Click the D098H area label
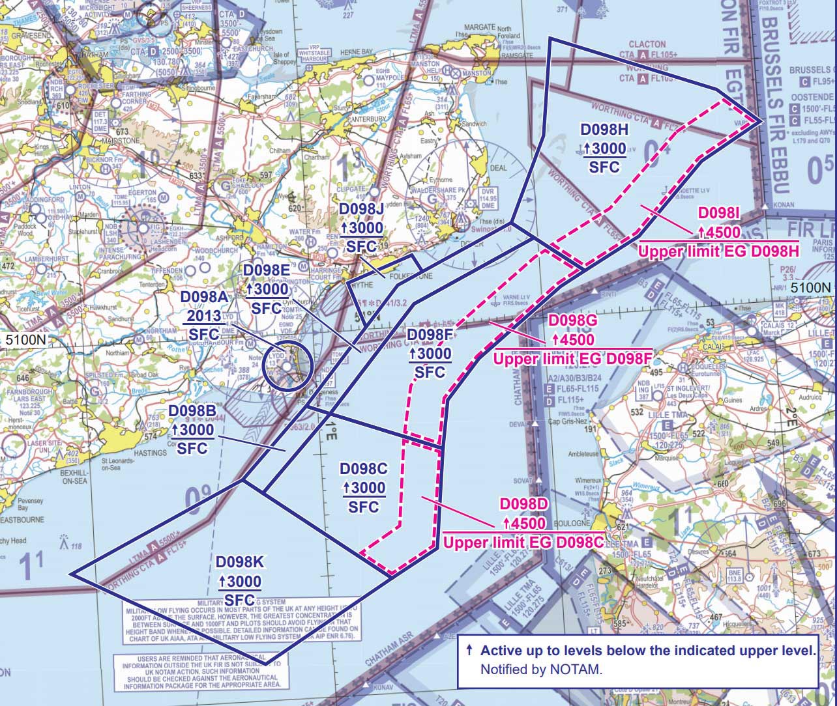point(604,130)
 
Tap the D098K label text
point(239,561)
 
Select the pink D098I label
point(719,214)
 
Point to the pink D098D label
point(523,505)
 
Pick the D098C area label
point(364,469)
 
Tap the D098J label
point(362,209)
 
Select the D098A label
point(204,297)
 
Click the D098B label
point(192,412)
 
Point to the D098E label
point(266,270)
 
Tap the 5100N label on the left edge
point(23,339)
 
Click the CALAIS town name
point(715,346)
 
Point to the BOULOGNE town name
point(572,523)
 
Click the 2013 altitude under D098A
point(204,316)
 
